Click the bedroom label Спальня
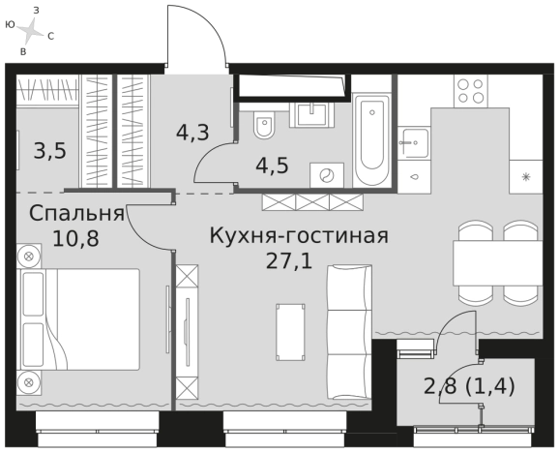click(75, 212)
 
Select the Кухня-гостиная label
click(299, 236)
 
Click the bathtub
click(371, 139)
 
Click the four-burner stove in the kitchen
click(471, 91)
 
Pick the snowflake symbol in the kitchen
click(527, 176)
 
